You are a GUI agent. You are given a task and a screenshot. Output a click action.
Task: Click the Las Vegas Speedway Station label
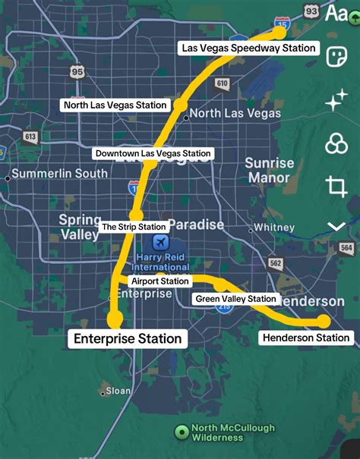pos(248,48)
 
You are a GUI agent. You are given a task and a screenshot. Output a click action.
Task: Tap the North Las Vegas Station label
pos(115,105)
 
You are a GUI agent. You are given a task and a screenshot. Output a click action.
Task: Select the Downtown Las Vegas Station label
pos(153,153)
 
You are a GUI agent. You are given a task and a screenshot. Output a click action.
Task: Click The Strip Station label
pos(134,227)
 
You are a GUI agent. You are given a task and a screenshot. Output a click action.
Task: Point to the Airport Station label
pos(159,281)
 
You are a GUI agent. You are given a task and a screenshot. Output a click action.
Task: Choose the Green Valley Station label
pos(235,299)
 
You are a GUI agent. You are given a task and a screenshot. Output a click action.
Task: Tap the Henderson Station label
pos(305,338)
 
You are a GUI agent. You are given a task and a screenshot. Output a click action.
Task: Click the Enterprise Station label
pos(128,338)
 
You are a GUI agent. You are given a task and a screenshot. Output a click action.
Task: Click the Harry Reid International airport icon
pos(160,244)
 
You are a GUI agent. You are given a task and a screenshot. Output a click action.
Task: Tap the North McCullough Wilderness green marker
pos(182,432)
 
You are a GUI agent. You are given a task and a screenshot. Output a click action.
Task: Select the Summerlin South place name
pos(59,174)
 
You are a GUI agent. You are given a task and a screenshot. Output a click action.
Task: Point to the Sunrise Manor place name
pos(269,170)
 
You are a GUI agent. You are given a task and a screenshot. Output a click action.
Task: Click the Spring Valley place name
pos(80,227)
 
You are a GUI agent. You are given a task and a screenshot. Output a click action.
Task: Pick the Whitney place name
pos(274,227)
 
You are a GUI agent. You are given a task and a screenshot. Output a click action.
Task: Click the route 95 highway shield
pos(77,71)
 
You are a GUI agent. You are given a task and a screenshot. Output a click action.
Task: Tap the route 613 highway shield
pos(30,137)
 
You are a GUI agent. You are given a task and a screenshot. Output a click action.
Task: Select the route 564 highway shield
pos(347,248)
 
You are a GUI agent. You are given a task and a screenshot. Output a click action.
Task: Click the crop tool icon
pos(336,185)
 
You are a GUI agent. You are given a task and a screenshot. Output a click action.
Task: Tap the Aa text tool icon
pos(336,13)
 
